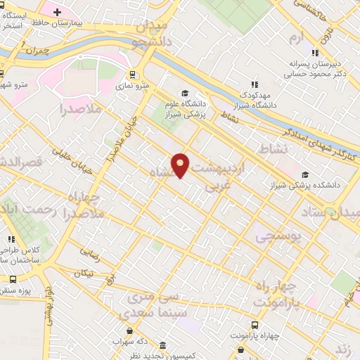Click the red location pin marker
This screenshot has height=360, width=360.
coord(181,164)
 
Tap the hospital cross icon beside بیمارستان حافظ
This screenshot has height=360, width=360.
coord(57,13)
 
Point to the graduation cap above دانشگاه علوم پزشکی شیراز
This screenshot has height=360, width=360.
coord(185,94)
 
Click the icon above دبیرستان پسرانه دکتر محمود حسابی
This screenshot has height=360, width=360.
coord(316,53)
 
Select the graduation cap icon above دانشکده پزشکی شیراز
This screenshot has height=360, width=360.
coord(304,175)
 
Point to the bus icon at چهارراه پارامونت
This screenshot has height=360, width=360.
coord(254,325)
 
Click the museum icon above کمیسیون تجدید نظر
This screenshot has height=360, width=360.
coord(162,346)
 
